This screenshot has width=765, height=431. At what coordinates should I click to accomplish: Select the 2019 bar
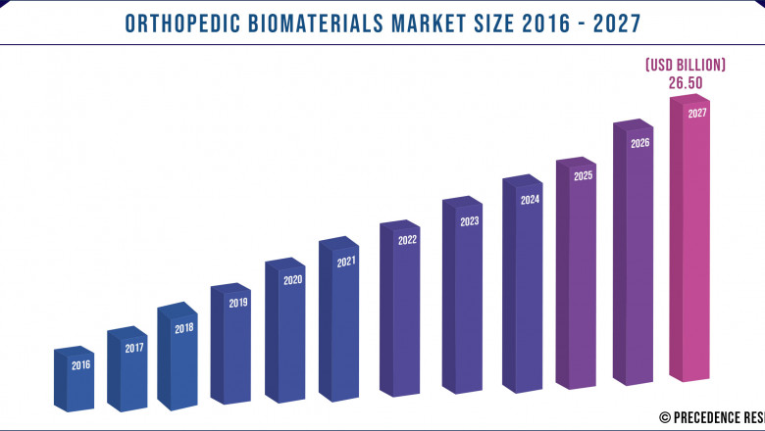pos(232,348)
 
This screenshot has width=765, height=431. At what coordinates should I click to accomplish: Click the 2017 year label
pos(134,348)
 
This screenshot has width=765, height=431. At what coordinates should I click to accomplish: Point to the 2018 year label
pos(184,328)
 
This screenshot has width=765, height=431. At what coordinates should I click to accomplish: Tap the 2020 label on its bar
pos(292,280)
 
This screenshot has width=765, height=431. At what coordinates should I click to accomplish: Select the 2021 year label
pos(346,263)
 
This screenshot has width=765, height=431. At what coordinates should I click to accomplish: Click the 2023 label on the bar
pos(470,221)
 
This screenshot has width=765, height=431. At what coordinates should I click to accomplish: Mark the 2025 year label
pos(584,176)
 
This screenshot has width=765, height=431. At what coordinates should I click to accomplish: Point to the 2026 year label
pos(640,143)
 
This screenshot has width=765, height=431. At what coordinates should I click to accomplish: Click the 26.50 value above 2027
pos(687,83)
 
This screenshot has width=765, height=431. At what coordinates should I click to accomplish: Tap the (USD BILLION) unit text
pos(686,65)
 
